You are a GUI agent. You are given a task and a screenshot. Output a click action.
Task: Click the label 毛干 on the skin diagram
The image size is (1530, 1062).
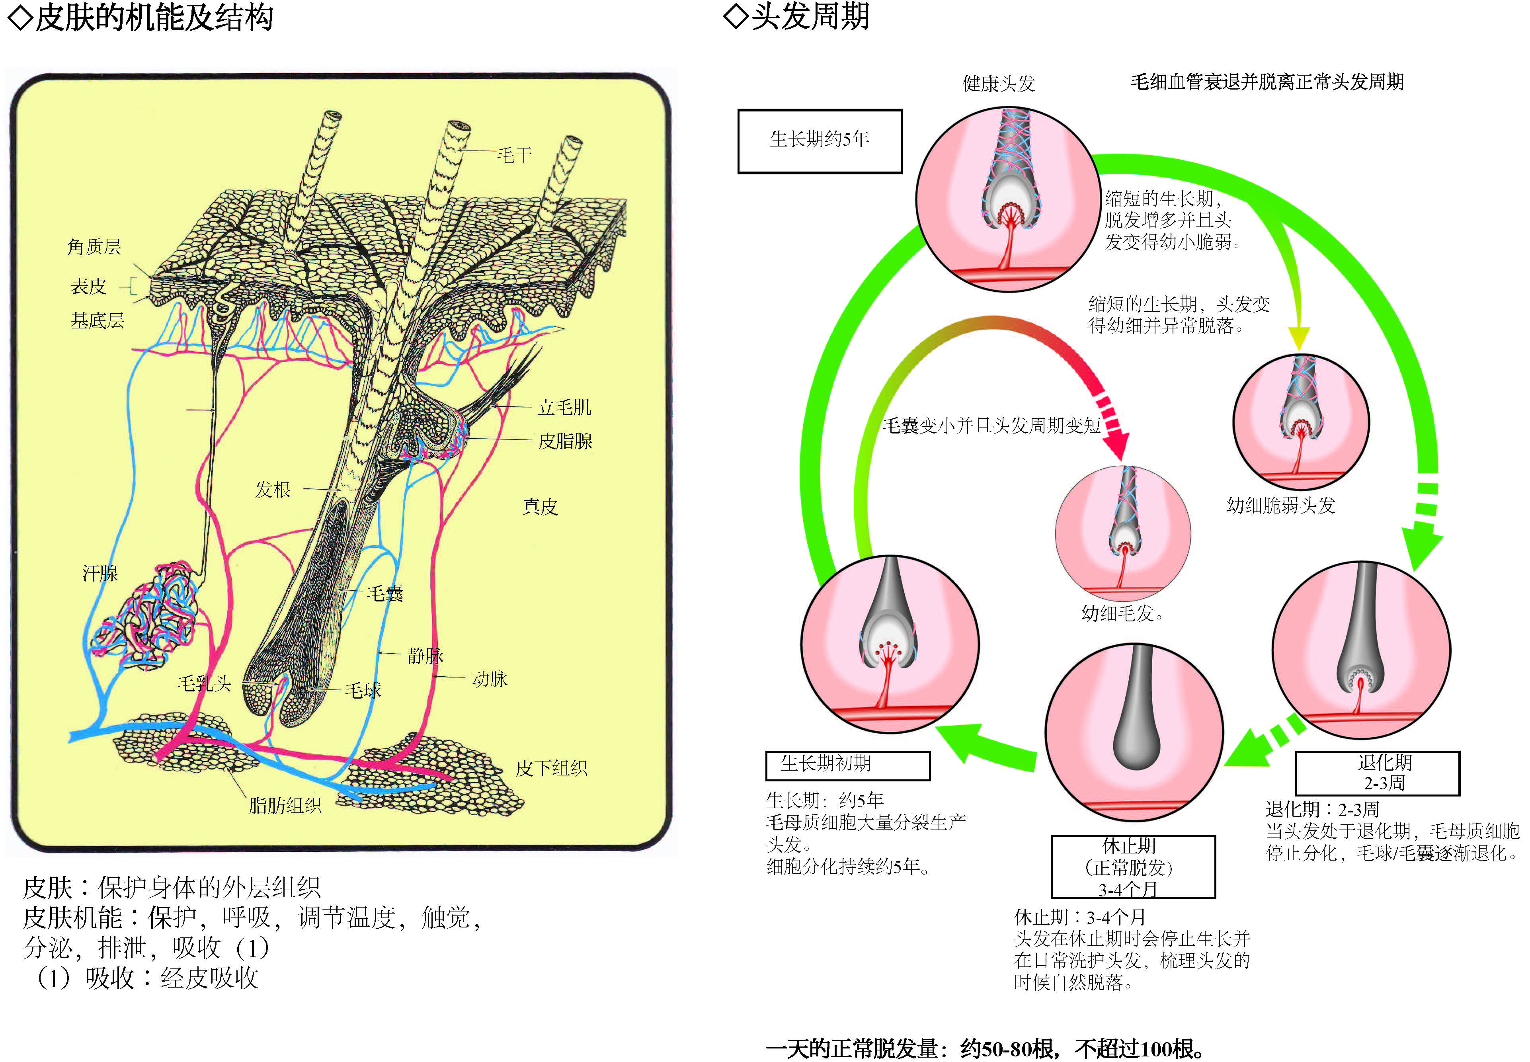click(x=514, y=155)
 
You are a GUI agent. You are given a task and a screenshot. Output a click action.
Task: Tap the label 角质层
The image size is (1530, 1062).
click(x=94, y=247)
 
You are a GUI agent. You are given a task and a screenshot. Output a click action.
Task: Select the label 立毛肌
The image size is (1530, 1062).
click(x=564, y=407)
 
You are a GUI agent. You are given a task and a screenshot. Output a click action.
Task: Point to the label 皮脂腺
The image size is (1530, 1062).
click(x=565, y=441)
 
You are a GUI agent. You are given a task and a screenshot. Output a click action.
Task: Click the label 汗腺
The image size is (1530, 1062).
click(x=100, y=573)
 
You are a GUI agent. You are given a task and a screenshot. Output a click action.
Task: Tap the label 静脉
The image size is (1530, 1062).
click(x=425, y=656)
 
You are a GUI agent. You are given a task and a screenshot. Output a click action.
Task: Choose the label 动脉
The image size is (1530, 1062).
click(x=489, y=679)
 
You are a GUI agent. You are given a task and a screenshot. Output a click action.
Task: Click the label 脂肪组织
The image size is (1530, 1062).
click(x=285, y=805)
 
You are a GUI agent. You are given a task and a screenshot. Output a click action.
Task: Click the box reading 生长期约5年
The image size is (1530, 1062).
click(x=820, y=141)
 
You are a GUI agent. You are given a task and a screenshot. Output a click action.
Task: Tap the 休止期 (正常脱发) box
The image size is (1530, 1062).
click(x=1133, y=867)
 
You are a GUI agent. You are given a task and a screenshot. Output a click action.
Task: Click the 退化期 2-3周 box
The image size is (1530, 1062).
click(x=1377, y=773)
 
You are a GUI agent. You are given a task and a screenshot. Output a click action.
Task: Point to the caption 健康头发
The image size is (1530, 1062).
click(x=999, y=84)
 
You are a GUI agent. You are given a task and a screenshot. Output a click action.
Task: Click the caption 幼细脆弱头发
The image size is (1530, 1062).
click(x=1280, y=505)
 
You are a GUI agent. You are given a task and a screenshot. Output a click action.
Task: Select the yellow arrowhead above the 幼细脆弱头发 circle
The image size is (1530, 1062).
click(x=1298, y=338)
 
